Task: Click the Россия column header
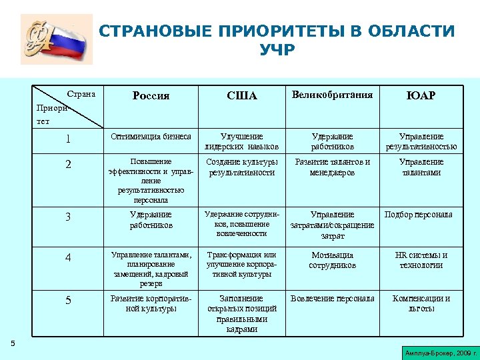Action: coord(151,95)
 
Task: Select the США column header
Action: coord(241,96)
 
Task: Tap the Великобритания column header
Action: coord(332,95)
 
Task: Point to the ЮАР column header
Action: coord(421,96)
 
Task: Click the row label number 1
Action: coord(69,139)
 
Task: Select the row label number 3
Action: coord(69,217)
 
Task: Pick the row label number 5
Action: coord(69,301)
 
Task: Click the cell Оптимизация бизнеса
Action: coord(151,137)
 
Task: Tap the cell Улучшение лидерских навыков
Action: coord(241,141)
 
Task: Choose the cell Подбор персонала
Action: coord(419,214)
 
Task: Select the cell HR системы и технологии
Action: coord(421,260)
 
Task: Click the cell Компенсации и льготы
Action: coord(421,303)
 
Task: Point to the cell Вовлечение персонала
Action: coord(332,299)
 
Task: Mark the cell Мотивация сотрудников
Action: coord(332,260)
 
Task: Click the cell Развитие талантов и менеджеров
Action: coord(332,167)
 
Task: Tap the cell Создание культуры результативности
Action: coord(241,167)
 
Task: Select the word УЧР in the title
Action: coord(277,50)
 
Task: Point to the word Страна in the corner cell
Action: coord(82,94)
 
